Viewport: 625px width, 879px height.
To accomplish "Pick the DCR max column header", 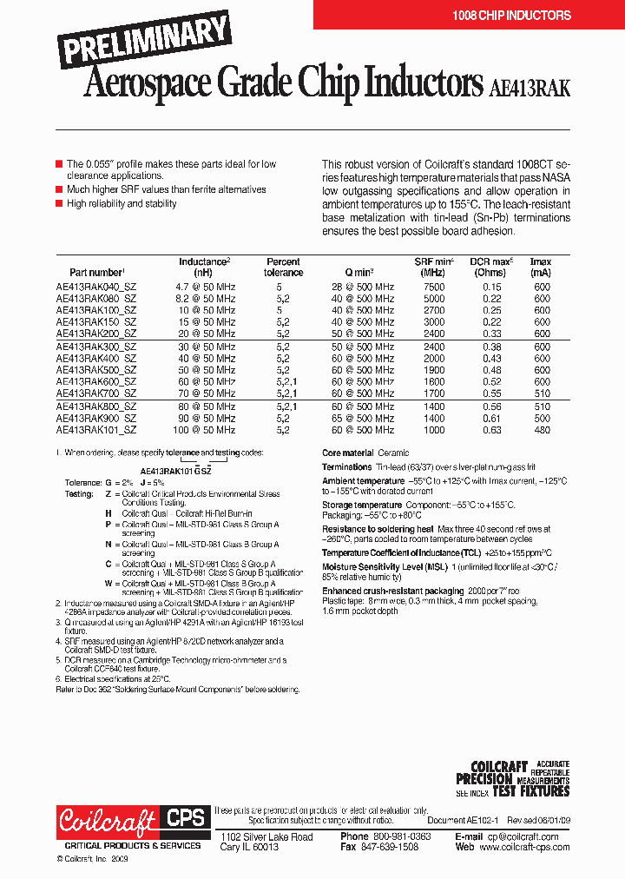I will pos(492,267).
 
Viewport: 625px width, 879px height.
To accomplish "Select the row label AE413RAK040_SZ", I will pos(96,287).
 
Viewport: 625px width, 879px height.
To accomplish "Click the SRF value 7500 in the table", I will pos(434,287).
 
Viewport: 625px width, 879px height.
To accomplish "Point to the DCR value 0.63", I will pos(492,429).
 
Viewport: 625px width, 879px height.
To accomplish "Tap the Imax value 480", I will pos(541,429).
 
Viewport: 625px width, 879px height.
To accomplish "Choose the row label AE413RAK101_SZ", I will pos(96,429).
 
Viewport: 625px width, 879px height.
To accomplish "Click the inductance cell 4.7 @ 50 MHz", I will pos(206,287).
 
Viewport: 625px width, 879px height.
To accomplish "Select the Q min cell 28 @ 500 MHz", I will pos(362,287).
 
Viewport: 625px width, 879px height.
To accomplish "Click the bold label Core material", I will pos(347,453).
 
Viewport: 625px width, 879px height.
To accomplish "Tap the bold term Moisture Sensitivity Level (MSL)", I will pos(385,566).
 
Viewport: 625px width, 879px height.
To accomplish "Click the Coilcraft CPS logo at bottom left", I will pos(132,819).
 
